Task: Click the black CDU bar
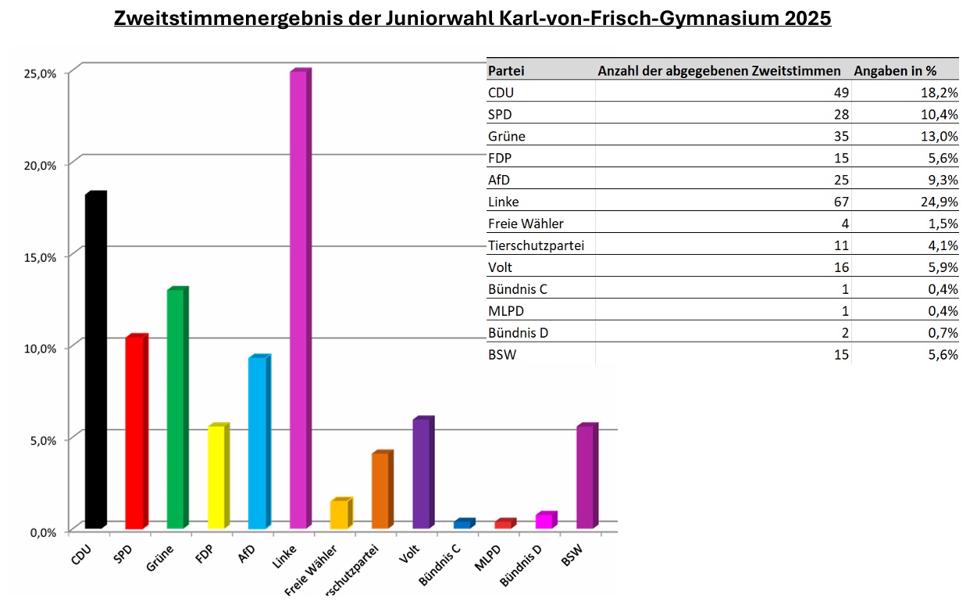(95, 360)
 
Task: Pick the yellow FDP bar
(217, 476)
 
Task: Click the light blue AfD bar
(258, 442)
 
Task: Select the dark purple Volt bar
(422, 473)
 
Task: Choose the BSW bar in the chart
(586, 476)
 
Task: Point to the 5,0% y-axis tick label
(37, 440)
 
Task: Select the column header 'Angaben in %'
(895, 70)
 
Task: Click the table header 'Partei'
(506, 70)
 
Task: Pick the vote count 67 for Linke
(841, 202)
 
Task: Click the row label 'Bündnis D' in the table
(518, 333)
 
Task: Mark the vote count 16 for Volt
(841, 267)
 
